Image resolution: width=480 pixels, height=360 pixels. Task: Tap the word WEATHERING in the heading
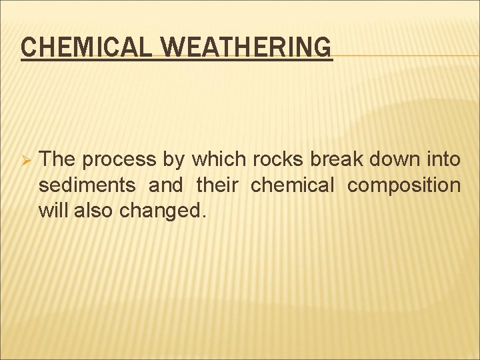[247, 47]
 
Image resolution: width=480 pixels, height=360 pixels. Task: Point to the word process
[118, 160]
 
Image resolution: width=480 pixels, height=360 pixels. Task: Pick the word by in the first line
[174, 160]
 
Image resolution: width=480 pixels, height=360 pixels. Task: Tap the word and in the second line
[165, 185]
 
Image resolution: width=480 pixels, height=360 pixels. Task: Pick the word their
[217, 185]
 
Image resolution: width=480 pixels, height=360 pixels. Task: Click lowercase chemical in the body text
[291, 185]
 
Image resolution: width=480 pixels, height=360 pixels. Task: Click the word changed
[159, 211]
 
